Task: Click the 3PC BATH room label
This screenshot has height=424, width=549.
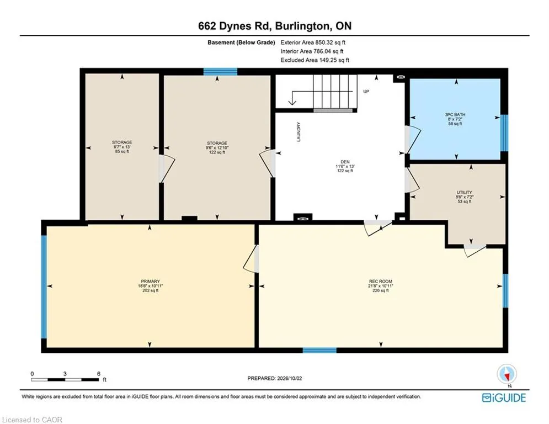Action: pyautogui.click(x=455, y=115)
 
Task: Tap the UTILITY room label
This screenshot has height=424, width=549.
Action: pyautogui.click(x=464, y=192)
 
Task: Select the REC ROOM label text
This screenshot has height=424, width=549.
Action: pyautogui.click(x=381, y=282)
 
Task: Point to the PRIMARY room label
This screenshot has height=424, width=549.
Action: pyautogui.click(x=150, y=282)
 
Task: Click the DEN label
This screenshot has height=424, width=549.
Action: pyautogui.click(x=345, y=162)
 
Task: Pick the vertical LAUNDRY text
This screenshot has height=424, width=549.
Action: pyautogui.click(x=299, y=132)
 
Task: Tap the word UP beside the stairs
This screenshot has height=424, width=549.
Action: pyautogui.click(x=366, y=92)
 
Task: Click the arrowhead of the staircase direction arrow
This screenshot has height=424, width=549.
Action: pyautogui.click(x=292, y=102)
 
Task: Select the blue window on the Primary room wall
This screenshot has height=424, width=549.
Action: pyautogui.click(x=44, y=287)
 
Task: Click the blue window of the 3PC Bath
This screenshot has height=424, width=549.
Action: pyautogui.click(x=504, y=133)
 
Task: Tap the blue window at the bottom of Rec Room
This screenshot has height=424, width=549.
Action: pyautogui.click(x=319, y=350)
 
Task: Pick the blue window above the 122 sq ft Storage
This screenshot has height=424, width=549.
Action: pyautogui.click(x=220, y=72)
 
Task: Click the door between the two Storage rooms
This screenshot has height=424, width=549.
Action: pyautogui.click(x=167, y=168)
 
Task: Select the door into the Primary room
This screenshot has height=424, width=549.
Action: pyautogui.click(x=251, y=258)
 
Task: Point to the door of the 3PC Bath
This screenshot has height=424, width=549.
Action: pyautogui.click(x=413, y=140)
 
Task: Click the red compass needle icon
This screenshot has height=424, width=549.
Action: pyautogui.click(x=507, y=376)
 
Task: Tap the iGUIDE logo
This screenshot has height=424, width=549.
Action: pyautogui.click(x=504, y=397)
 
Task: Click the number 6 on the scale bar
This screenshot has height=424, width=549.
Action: pyautogui.click(x=99, y=374)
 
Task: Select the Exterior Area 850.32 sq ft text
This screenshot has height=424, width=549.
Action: pyautogui.click(x=313, y=43)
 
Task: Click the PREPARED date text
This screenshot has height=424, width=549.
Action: pyautogui.click(x=275, y=378)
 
